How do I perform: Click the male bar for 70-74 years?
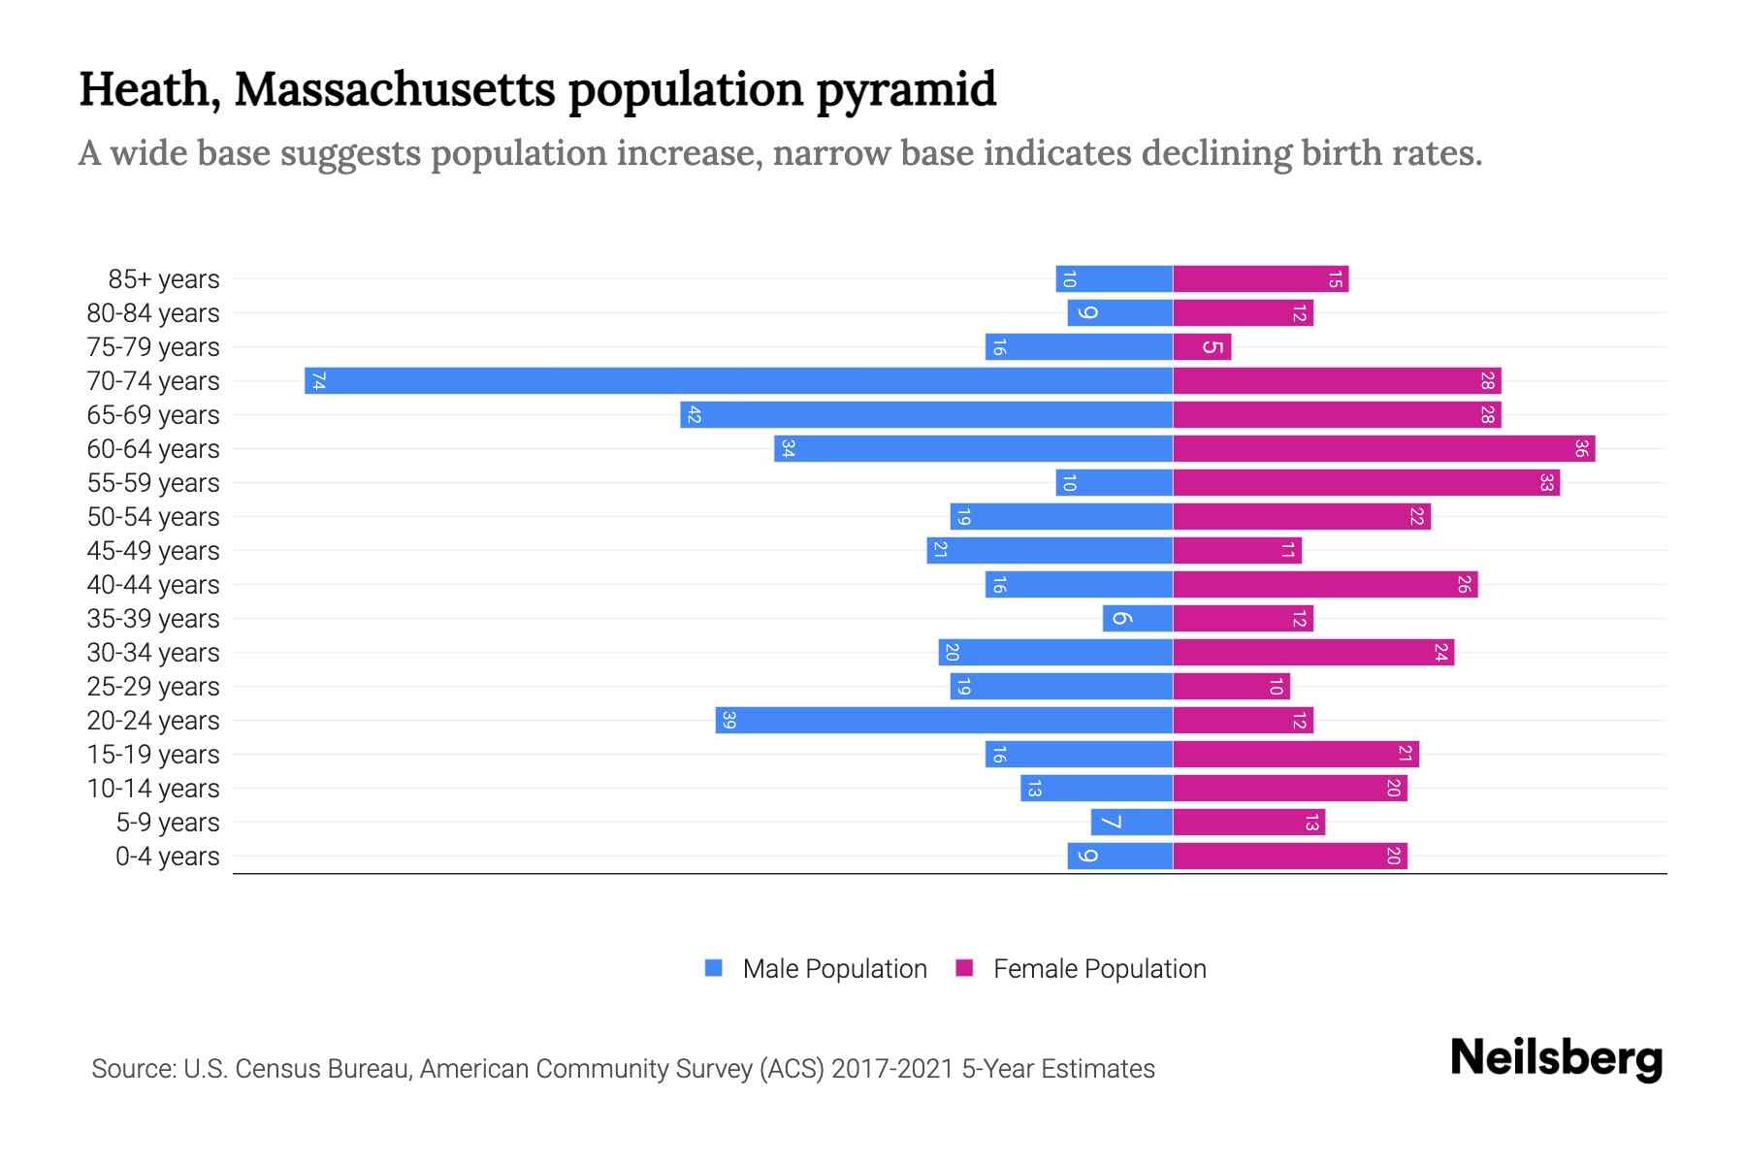[x=737, y=380]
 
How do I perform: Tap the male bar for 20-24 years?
[x=943, y=720]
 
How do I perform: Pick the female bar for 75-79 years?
[x=1201, y=346]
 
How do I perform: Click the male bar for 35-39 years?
[x=1137, y=618]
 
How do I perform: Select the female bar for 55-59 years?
[x=1365, y=482]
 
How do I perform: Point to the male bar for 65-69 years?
[x=926, y=414]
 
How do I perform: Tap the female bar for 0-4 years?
[x=1289, y=856]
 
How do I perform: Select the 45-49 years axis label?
[x=153, y=551]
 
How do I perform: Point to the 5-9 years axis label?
[x=167, y=823]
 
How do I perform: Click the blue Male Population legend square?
[x=714, y=968]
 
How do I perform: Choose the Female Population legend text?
[x=1099, y=969]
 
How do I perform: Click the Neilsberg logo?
[x=1556, y=1058]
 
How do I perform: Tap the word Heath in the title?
[x=145, y=89]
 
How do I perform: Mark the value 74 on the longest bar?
[x=318, y=381]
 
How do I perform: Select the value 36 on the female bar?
[x=1580, y=448]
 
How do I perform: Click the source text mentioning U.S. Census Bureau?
[x=623, y=1069]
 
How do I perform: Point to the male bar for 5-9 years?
[x=1131, y=822]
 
